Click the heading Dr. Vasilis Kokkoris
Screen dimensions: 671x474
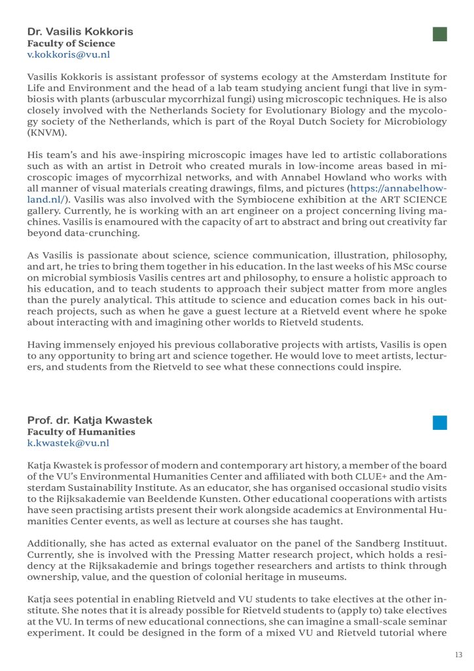[80, 31]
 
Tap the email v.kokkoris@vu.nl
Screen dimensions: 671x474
[69, 55]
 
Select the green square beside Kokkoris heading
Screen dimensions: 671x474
[440, 34]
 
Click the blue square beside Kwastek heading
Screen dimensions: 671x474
[440, 423]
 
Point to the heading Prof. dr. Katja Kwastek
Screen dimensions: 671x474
[89, 420]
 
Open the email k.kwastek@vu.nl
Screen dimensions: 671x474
[68, 444]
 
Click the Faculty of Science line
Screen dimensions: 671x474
[71, 43]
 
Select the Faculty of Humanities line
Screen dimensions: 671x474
[81, 432]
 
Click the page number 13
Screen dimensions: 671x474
[458, 655]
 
